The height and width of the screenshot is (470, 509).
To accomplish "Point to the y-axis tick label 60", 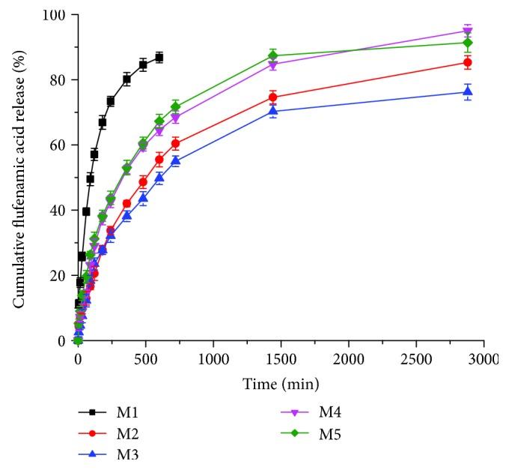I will click(x=57, y=145).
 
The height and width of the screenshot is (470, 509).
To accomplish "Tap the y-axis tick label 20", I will click(x=57, y=276).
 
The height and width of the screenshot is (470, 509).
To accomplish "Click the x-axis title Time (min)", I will click(x=280, y=384).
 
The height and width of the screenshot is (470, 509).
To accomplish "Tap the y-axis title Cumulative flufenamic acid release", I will click(x=16, y=177).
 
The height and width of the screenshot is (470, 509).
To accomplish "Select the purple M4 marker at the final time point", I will click(x=468, y=31).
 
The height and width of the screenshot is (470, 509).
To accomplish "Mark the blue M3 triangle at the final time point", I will click(x=468, y=91).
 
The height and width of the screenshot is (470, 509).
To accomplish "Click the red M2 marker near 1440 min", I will click(x=273, y=97).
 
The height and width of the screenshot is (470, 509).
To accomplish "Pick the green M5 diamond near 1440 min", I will click(x=273, y=55).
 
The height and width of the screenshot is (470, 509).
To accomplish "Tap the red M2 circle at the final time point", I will click(x=468, y=62).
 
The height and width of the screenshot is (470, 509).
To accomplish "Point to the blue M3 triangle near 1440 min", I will click(x=273, y=111).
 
